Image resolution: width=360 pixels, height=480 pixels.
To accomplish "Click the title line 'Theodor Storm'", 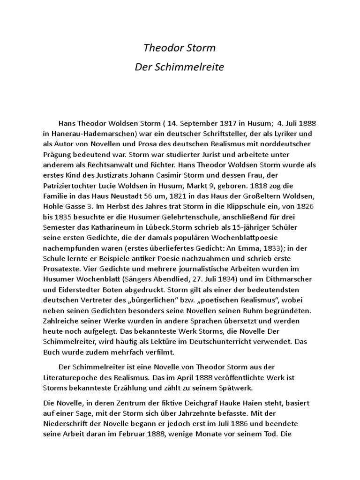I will pyautogui.click(x=180, y=48).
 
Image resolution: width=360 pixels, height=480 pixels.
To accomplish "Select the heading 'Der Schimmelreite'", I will pyautogui.click(x=180, y=67).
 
